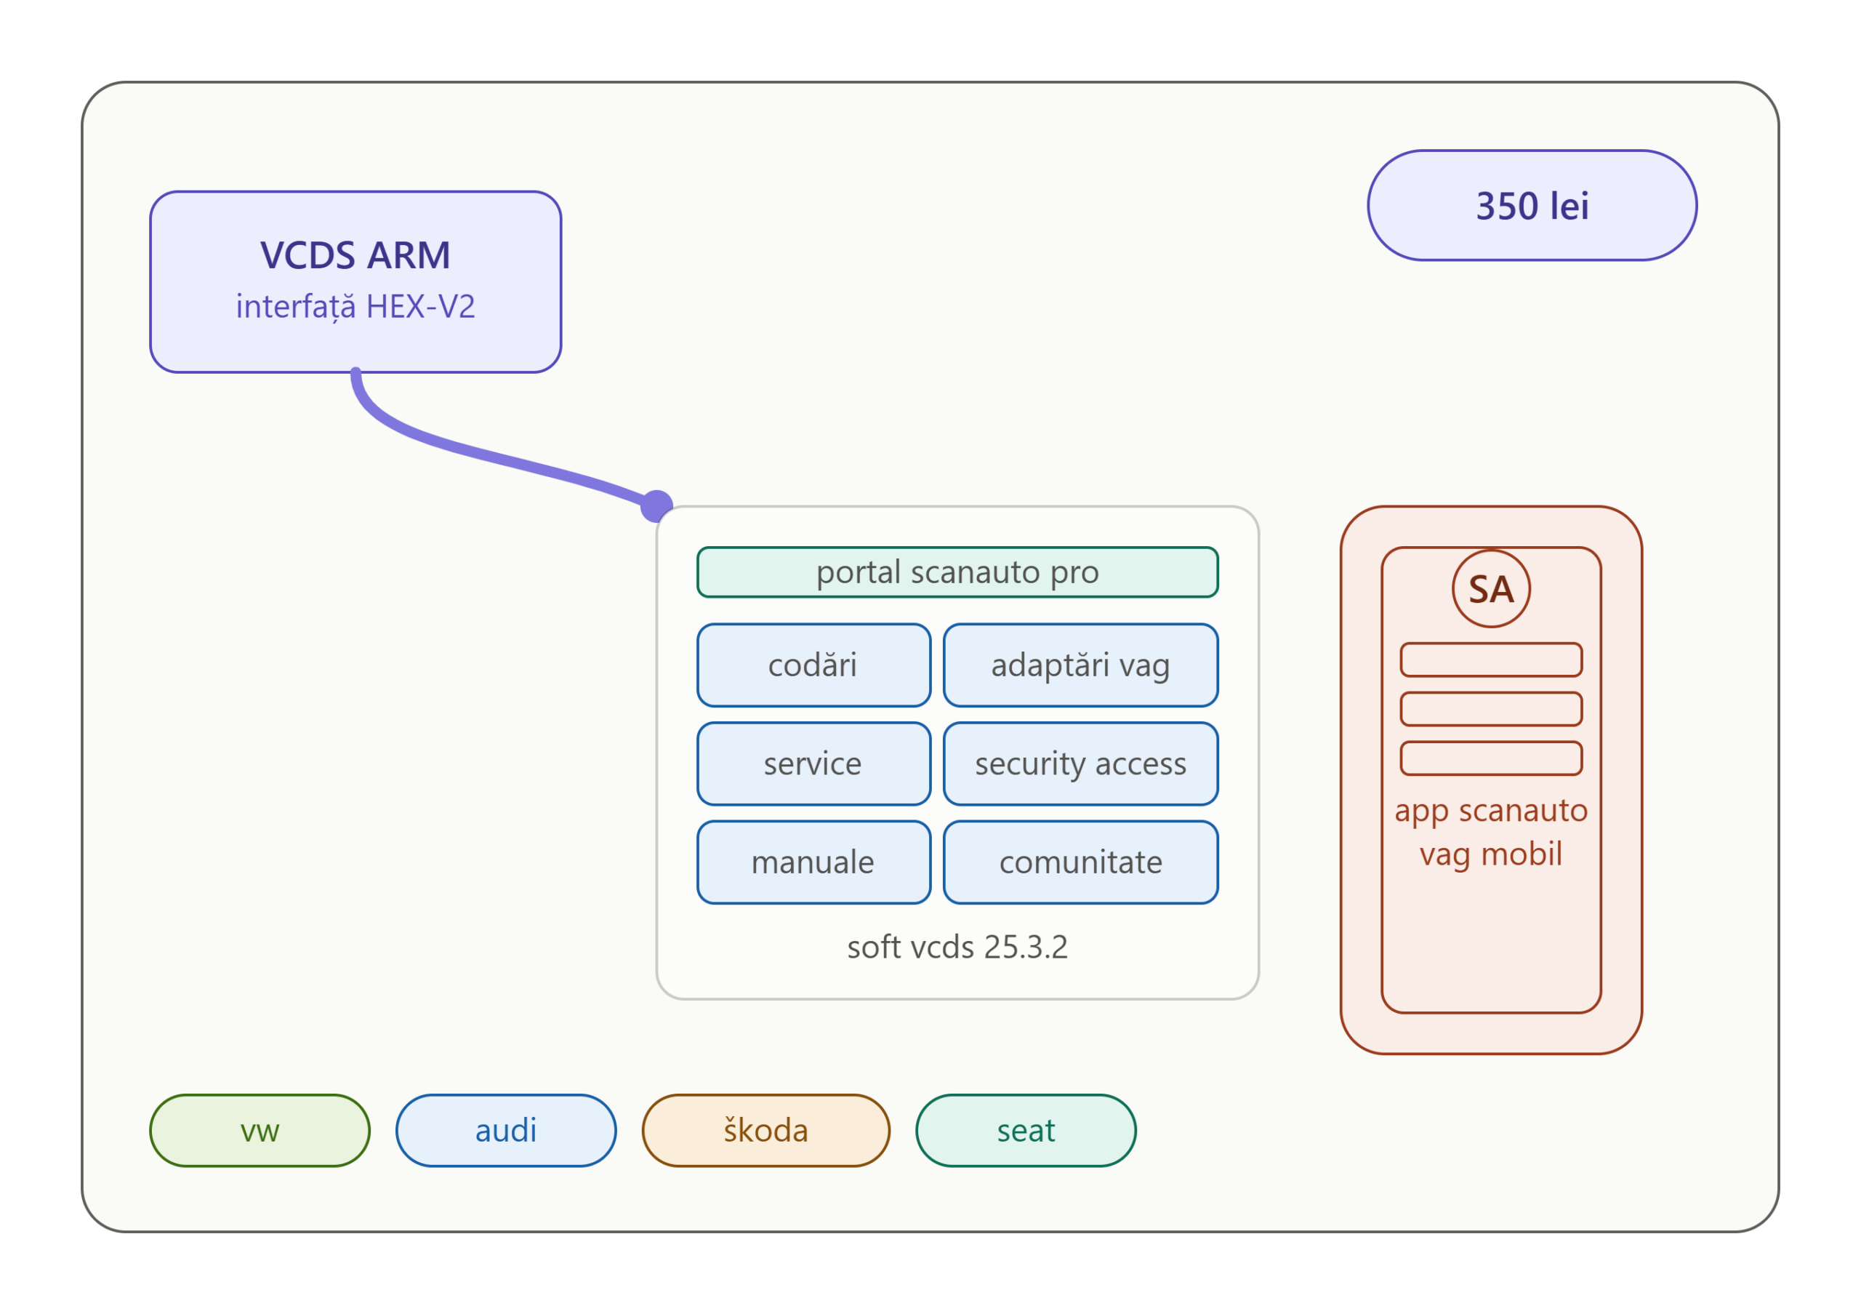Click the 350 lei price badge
click(1532, 205)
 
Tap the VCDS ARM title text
click(355, 255)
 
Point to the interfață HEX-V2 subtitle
click(355, 306)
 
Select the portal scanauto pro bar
click(957, 572)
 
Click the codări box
click(813, 665)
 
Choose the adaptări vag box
click(1080, 665)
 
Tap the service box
click(813, 764)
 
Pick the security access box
click(1080, 764)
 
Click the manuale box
click(813, 862)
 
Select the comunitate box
click(1080, 862)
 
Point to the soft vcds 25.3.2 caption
click(957, 947)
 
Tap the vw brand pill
click(260, 1131)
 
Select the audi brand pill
click(506, 1131)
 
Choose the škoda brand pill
click(766, 1131)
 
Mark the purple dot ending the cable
click(656, 507)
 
